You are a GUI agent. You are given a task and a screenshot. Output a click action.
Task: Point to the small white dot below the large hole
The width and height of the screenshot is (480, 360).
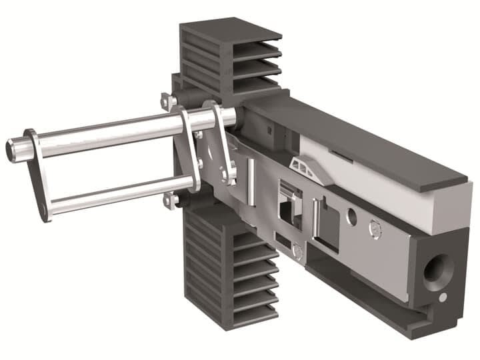tap(442, 297)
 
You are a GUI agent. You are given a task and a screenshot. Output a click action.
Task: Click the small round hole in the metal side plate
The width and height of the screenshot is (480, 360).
tap(352, 217)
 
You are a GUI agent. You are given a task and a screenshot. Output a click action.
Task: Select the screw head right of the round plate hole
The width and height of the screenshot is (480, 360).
tap(375, 231)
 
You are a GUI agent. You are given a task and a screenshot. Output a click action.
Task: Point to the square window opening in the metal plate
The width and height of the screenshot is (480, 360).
tap(288, 203)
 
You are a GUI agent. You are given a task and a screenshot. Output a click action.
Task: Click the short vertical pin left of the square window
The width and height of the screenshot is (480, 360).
tap(249, 180)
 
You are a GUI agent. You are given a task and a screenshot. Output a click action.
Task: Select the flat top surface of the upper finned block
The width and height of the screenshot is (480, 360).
tap(230, 31)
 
